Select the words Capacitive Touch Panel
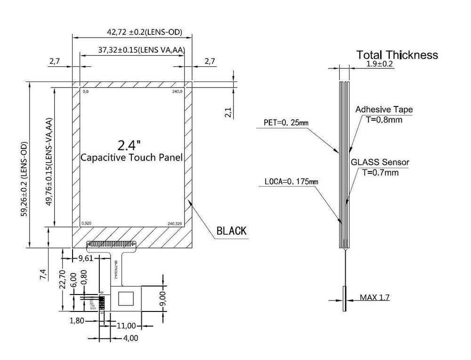(x=131, y=157)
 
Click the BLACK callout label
(x=231, y=231)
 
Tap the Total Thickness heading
(x=397, y=55)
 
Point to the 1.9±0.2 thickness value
(x=379, y=64)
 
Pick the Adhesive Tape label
(x=384, y=109)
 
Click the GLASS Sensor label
(x=380, y=162)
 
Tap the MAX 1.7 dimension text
(x=375, y=297)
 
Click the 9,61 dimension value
(x=86, y=258)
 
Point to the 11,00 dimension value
(x=126, y=326)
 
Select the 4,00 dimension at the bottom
(x=130, y=338)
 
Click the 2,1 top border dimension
(x=228, y=112)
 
